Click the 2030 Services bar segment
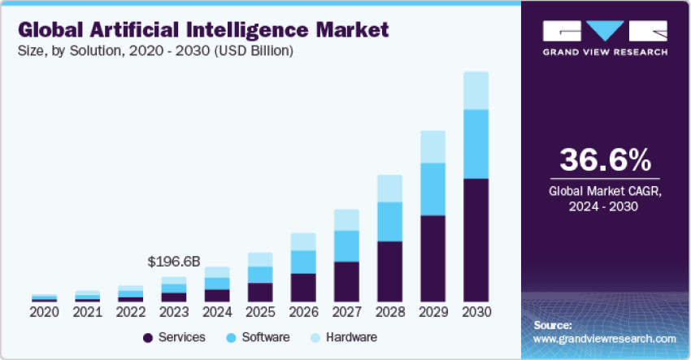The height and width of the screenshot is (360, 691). [x=476, y=240]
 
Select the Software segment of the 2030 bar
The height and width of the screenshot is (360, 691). [x=476, y=144]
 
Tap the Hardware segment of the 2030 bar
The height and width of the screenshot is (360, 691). [x=476, y=90]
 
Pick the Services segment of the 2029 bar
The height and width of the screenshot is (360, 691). [x=432, y=258]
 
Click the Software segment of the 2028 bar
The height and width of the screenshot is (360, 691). [x=389, y=222]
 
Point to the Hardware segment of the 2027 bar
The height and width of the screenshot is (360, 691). [x=346, y=219]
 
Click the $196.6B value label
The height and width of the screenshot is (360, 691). [x=173, y=262]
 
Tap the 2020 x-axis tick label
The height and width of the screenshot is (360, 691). [x=45, y=312]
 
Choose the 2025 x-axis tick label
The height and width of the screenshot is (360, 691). [x=260, y=312]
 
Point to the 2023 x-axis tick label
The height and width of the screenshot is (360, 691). [x=174, y=312]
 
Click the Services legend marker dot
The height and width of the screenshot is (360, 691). [x=148, y=337]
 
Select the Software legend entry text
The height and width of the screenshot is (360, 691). [x=260, y=337]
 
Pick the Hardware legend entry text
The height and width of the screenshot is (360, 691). [x=351, y=337]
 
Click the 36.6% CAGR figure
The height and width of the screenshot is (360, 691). [x=605, y=158]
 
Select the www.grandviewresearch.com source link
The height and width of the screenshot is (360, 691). [x=605, y=338]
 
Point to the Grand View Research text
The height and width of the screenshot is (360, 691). [x=605, y=52]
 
